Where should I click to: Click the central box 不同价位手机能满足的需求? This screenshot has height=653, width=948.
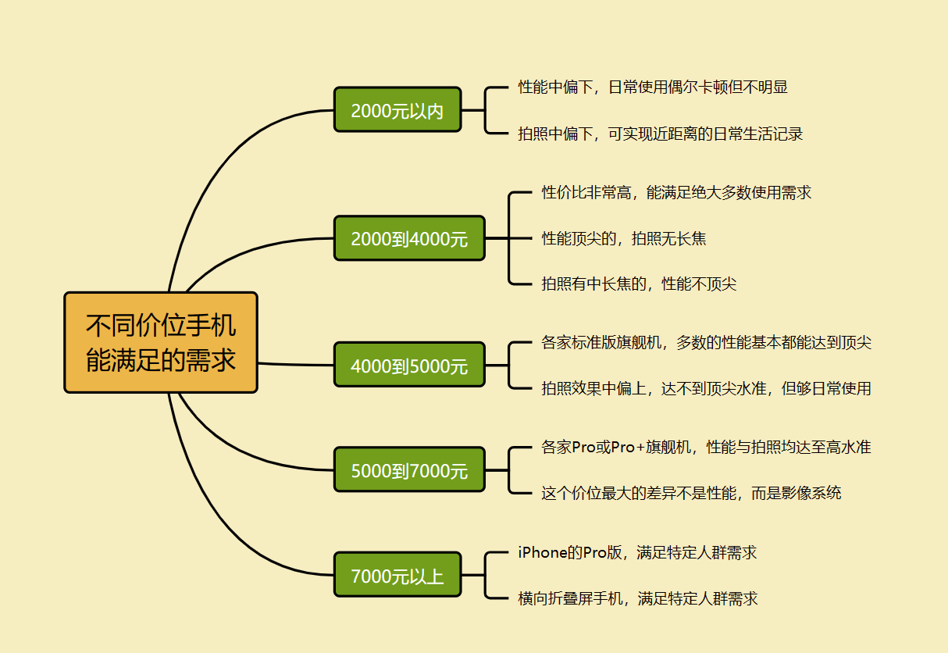tap(161, 342)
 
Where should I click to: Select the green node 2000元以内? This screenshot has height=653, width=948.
tap(397, 110)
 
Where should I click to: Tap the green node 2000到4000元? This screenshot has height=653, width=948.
tap(409, 238)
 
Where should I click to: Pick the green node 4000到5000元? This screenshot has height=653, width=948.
tap(409, 365)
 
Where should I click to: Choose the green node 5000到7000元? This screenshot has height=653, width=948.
tap(409, 470)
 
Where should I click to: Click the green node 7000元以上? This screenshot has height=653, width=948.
tap(397, 576)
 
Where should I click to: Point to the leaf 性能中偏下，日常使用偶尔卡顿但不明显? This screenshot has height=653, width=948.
tap(653, 87)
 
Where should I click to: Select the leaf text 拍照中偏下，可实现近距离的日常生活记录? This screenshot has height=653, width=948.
tap(661, 134)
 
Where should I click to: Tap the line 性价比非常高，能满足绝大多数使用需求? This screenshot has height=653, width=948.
tap(676, 192)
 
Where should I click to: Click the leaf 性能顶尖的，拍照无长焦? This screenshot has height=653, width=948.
tap(624, 238)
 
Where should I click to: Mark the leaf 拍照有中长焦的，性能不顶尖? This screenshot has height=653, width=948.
tap(639, 284)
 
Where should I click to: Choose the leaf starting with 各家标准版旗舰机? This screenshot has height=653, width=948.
tap(706, 342)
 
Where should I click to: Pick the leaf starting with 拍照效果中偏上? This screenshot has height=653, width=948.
tap(706, 388)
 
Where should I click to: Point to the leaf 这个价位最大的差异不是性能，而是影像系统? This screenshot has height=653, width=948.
tap(691, 493)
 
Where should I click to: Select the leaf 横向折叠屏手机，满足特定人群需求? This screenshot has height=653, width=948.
tap(638, 599)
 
